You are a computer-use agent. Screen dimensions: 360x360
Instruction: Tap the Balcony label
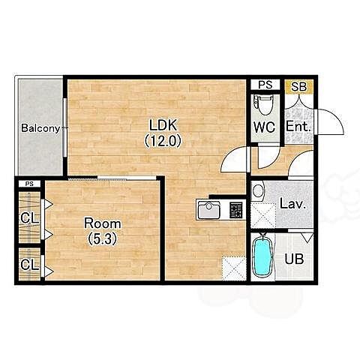point(41,128)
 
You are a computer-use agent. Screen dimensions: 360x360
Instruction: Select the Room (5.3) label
point(103,231)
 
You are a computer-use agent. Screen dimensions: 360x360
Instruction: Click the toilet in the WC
point(262,106)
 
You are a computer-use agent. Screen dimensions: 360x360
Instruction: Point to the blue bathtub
point(262,256)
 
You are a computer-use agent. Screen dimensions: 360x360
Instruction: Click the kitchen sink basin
point(209,209)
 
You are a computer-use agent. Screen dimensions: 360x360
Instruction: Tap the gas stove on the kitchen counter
point(236,209)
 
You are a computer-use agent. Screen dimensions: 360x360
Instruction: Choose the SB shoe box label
point(299,87)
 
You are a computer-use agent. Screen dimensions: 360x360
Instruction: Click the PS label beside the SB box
point(265,85)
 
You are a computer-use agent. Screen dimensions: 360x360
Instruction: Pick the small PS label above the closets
point(29,184)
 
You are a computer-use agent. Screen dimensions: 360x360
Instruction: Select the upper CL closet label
point(30,218)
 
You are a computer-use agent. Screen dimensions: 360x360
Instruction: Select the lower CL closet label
point(30,264)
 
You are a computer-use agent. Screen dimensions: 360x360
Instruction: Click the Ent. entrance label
point(298,127)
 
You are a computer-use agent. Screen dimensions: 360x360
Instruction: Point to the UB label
point(294,259)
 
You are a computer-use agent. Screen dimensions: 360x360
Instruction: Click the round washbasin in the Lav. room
point(258,191)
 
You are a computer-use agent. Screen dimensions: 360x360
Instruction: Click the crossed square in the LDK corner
point(234,268)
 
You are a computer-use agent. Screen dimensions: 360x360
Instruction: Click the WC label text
point(265,127)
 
